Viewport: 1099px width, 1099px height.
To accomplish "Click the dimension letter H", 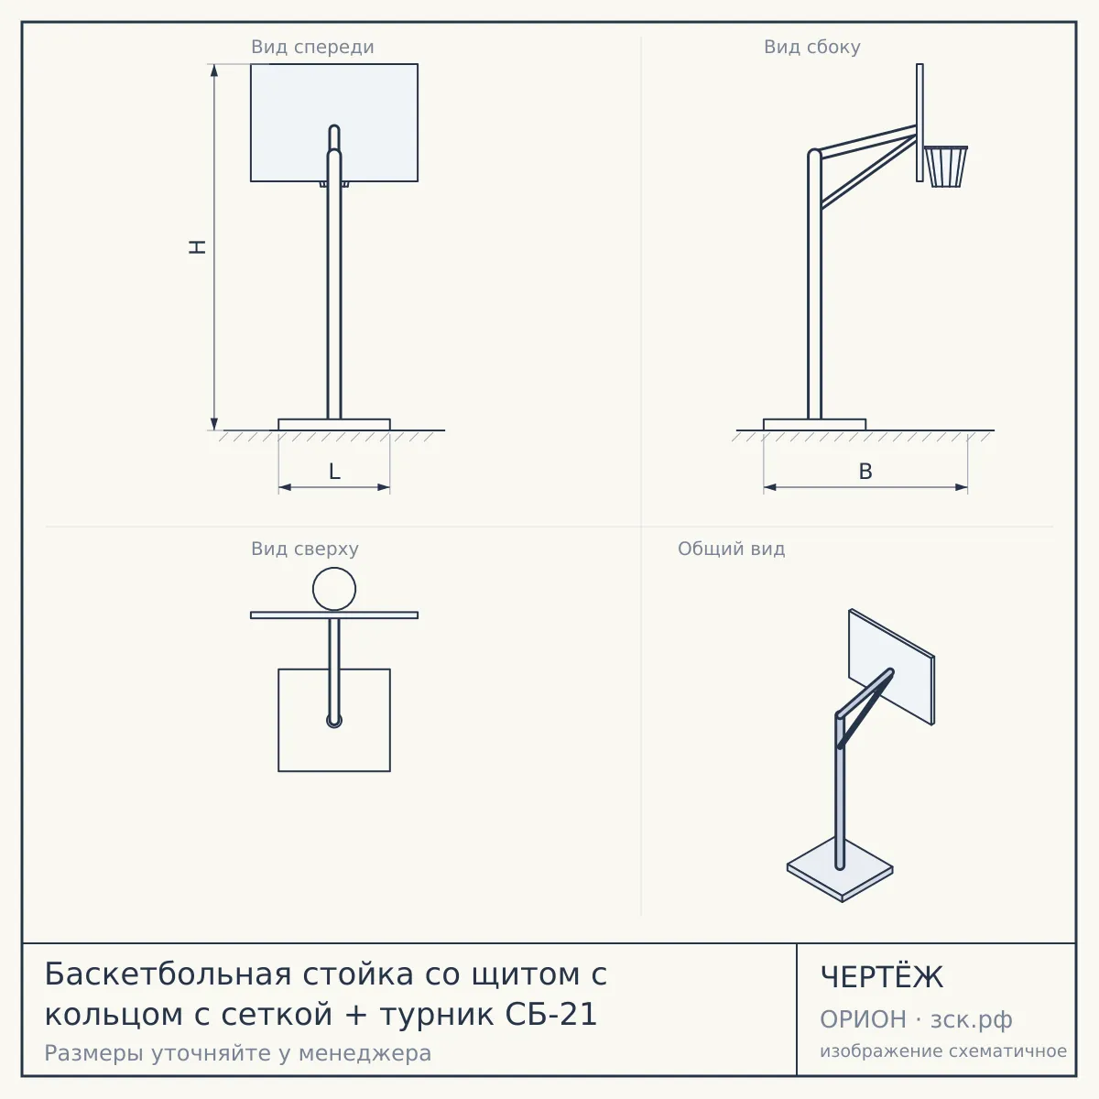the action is click(x=197, y=247).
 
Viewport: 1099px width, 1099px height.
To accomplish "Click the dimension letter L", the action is click(x=335, y=472).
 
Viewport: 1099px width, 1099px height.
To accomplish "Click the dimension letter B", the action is click(x=865, y=472).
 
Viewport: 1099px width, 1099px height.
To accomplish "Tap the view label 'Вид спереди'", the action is click(x=312, y=47).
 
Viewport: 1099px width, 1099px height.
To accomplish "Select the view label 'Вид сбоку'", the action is click(x=812, y=47).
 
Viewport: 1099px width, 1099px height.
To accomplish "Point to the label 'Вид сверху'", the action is click(x=305, y=549).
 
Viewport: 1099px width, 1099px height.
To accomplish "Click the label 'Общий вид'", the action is click(x=731, y=549).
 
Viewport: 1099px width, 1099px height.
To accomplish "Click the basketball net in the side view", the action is click(x=946, y=167).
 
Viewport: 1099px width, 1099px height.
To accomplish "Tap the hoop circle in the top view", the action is click(x=334, y=568).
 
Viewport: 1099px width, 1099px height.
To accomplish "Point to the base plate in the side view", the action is click(x=814, y=424).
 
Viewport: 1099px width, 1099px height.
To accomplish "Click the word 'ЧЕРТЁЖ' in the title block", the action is click(x=882, y=977).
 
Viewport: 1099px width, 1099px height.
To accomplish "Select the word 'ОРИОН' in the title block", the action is click(x=863, y=1019).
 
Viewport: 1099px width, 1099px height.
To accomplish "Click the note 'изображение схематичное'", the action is click(x=943, y=1051).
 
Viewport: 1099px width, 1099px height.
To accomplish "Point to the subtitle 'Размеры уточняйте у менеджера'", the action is click(x=238, y=1053).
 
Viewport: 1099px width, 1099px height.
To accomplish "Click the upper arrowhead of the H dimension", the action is click(x=214, y=71).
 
